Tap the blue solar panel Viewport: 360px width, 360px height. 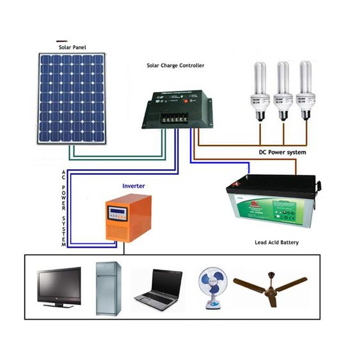click(71, 98)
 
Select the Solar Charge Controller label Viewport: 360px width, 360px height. click(175, 66)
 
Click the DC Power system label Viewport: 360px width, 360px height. click(281, 153)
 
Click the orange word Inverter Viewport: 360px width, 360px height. click(133, 186)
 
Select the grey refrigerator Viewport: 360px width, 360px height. click(108, 288)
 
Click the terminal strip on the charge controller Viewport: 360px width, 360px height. click(174, 117)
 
